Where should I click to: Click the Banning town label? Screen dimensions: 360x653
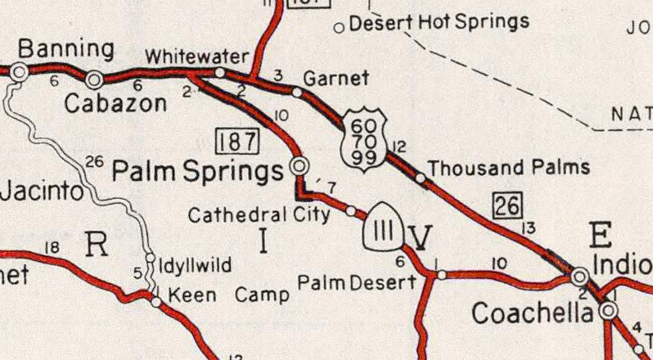[55, 51]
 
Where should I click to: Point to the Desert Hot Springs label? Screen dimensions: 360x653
[439, 22]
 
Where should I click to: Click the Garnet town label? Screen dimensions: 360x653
[336, 79]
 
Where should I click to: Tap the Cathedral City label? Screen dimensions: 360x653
[259, 215]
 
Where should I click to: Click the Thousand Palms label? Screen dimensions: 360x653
[508, 168]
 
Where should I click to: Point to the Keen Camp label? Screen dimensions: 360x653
[227, 295]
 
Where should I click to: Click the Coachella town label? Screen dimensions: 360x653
[532, 313]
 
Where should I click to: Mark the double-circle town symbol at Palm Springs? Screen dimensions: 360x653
[300, 167]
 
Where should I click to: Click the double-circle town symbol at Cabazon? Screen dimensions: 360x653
[94, 79]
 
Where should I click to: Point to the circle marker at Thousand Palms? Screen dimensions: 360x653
[420, 177]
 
